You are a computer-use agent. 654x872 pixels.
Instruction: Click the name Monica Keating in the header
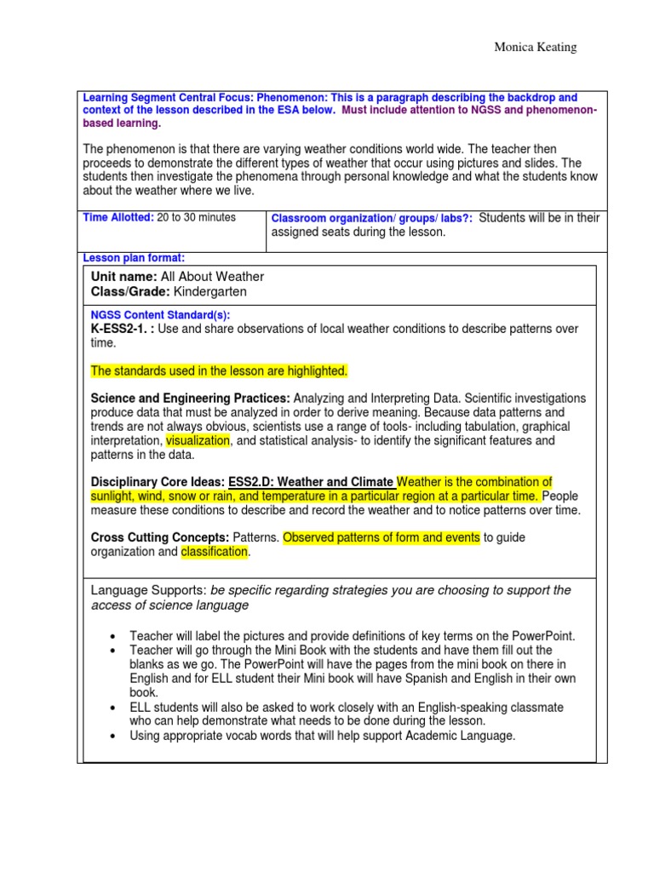[x=535, y=48]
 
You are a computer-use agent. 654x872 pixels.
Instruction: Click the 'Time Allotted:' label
[x=118, y=218]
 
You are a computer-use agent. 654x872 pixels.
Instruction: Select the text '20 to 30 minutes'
[x=197, y=218]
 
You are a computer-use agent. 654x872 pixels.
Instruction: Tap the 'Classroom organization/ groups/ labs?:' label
[x=372, y=219]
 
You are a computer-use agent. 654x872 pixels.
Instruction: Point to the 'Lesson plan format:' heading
[x=133, y=258]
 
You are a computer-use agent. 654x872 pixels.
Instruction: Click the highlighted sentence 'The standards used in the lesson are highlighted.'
[x=219, y=371]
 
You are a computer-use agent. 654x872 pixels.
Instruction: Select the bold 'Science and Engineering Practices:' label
[x=191, y=399]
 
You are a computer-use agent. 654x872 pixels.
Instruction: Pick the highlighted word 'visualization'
[x=198, y=441]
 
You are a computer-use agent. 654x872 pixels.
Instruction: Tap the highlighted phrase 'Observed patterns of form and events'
[x=381, y=537]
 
